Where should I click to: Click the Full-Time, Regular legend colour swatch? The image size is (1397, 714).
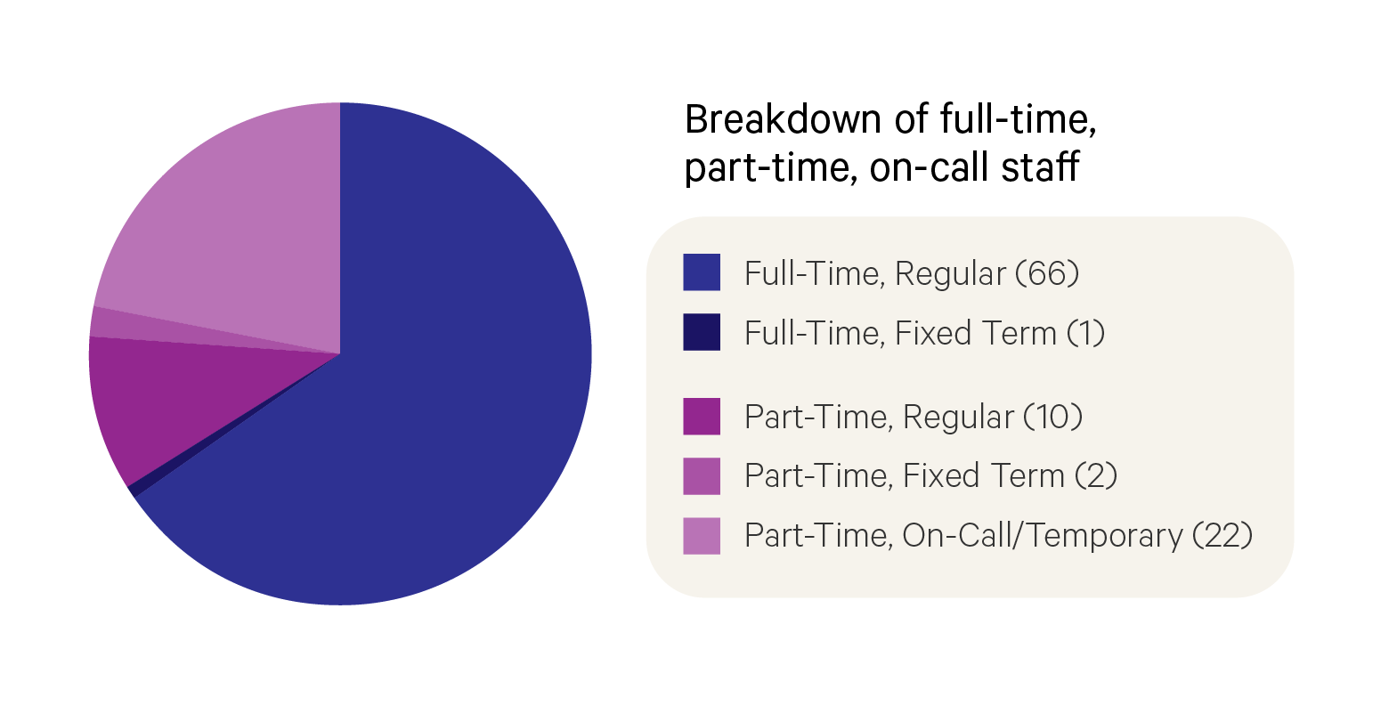(x=702, y=272)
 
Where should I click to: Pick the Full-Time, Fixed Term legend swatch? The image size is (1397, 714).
(x=702, y=332)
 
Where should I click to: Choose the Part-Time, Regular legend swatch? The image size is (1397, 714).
(x=702, y=416)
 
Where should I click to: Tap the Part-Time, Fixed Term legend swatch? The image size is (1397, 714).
(x=702, y=475)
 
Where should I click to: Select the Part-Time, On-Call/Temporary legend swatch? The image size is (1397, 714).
(x=702, y=535)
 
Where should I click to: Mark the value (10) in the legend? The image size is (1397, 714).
(x=1052, y=417)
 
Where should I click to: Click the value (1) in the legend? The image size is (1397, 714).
(x=1085, y=333)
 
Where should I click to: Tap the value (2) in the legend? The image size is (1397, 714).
(x=1095, y=475)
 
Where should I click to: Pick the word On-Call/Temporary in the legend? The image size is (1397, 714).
(x=1042, y=535)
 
